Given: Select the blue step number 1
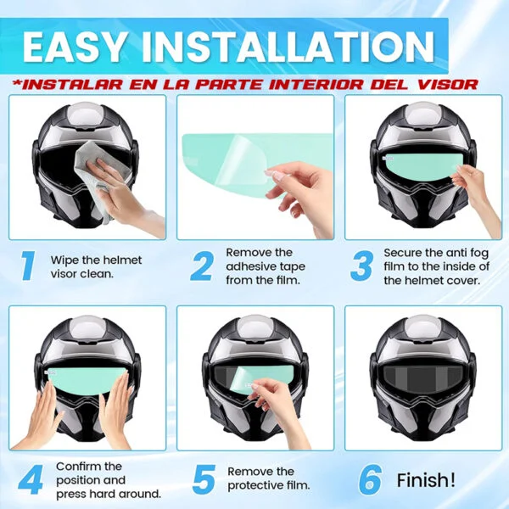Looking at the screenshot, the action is coord(28,266).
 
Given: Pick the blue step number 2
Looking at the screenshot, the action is coord(202,266).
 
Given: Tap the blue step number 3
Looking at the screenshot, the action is coord(361,266).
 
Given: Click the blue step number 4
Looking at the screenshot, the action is coord(31,479).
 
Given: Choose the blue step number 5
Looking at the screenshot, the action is coord(204,478).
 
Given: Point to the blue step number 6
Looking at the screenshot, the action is coord(370,479).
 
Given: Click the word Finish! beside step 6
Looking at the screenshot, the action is coord(426,480).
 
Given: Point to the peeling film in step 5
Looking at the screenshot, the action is coord(247,380).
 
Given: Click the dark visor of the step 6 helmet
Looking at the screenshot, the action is coord(422,378).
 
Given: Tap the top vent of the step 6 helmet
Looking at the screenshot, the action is coord(422,328).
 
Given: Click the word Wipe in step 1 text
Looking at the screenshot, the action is coord(64,260).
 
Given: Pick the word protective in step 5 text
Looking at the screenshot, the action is coord(255,485).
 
